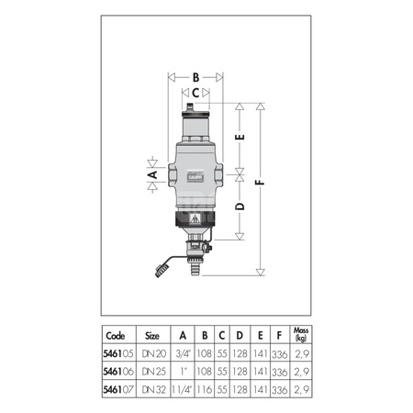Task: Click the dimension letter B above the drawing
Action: (195, 77)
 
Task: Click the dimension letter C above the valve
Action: (195, 93)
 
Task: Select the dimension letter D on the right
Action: (240, 207)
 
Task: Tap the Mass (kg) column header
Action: (299, 334)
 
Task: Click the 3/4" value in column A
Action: (184, 352)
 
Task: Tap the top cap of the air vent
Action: (194, 114)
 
